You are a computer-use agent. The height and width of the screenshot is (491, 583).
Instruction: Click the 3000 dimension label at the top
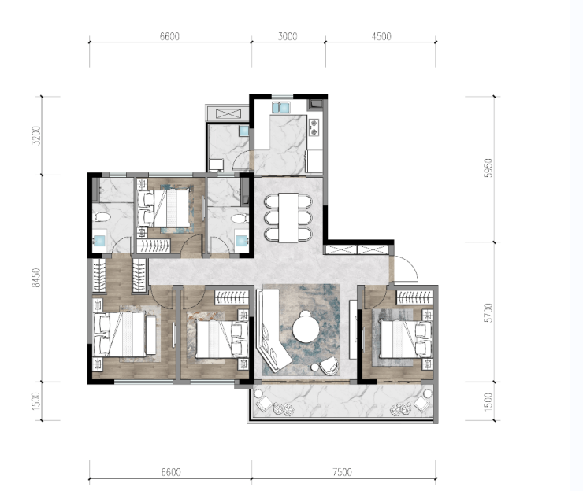[x=288, y=36]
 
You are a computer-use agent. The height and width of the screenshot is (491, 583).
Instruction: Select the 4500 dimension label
[x=381, y=36]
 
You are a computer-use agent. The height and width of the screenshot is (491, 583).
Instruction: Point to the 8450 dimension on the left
[x=35, y=278]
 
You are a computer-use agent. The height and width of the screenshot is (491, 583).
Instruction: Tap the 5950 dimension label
[x=488, y=168]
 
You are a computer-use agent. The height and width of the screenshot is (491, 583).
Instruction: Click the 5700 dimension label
[x=488, y=312]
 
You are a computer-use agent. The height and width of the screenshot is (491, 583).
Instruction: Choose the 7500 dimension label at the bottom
[x=342, y=472]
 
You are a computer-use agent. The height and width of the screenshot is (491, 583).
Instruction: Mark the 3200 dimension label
[x=35, y=135]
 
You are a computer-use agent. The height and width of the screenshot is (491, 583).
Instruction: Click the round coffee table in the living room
[x=306, y=330]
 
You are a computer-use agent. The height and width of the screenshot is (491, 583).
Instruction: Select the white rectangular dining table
[x=288, y=218]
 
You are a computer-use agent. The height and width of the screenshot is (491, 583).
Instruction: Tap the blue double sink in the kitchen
[x=281, y=107]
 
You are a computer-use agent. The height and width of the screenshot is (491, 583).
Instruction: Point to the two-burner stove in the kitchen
[x=314, y=127]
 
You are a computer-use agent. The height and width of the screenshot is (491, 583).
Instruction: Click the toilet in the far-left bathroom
[x=102, y=217]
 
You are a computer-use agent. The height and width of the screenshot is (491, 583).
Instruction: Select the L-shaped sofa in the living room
[x=270, y=329]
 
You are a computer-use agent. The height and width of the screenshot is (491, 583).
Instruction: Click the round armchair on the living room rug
[x=330, y=365]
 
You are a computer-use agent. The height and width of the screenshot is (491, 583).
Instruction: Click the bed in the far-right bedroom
[x=404, y=339]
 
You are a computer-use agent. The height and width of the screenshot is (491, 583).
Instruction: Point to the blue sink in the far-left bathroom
[x=99, y=241]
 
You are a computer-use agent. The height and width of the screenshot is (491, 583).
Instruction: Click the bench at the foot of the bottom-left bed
[x=151, y=334]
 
